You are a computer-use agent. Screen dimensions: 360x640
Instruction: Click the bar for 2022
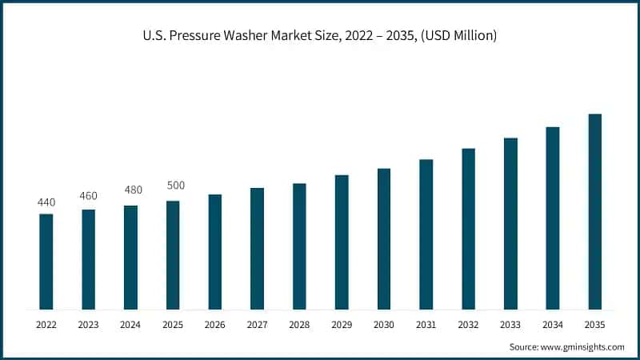46,262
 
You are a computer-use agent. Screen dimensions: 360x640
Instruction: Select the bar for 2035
594,211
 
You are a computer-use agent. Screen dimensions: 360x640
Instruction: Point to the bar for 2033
510,223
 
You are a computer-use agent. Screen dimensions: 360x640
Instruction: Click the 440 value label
46,202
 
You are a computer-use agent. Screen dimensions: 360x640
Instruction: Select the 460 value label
89,196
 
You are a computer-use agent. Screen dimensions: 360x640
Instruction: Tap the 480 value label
130,190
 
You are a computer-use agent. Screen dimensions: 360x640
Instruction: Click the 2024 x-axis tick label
130,325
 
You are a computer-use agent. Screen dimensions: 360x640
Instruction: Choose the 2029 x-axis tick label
342,325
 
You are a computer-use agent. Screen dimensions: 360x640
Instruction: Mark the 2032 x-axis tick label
468,325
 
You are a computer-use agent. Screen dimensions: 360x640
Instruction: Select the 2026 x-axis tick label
215,325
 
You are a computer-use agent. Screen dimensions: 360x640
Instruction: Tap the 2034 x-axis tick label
552,325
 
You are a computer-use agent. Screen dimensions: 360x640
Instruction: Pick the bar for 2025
173,255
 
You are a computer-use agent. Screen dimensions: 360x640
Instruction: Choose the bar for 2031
426,234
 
